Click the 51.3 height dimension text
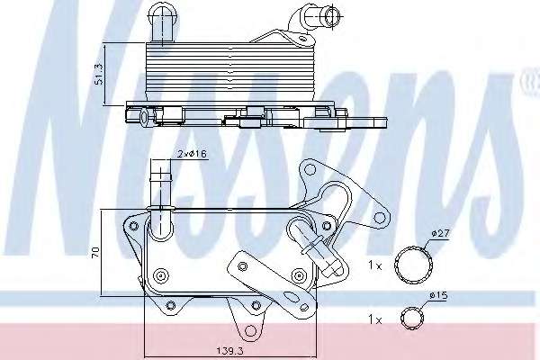coord(99,74)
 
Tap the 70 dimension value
coord(95,252)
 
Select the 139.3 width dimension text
coord(229,351)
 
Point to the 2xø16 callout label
coord(193,154)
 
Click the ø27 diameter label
coord(440,233)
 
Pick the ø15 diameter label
coord(438,295)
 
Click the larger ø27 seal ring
coord(414,265)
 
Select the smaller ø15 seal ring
coord(413,319)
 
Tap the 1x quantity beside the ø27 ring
coord(375,265)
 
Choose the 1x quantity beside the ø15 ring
coord(375,319)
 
